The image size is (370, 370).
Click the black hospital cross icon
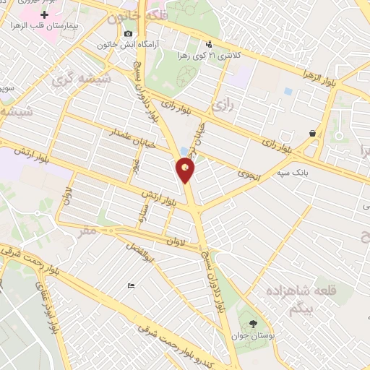pos(46,14)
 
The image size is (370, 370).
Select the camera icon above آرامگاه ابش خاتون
pos(128,33)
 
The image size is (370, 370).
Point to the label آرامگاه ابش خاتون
pos(127,44)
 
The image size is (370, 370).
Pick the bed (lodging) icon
pos(130,285)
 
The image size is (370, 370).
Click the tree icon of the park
pos(252,323)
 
